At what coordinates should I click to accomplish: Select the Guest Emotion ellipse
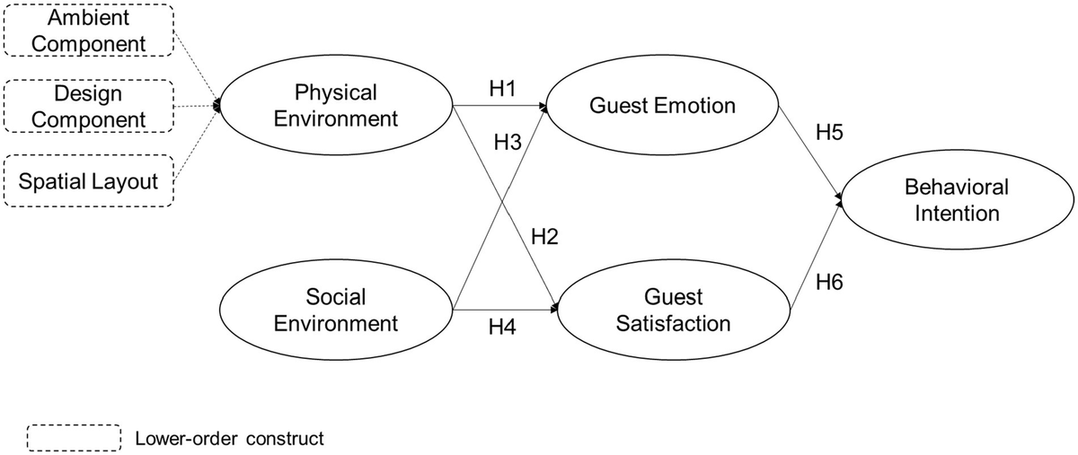[662, 105]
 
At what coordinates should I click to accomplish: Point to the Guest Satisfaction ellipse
[673, 310]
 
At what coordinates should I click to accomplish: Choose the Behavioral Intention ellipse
[957, 200]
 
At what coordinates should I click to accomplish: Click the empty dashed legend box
[75, 438]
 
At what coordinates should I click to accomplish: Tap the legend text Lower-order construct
[228, 439]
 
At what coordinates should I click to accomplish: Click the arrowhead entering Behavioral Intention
[840, 200]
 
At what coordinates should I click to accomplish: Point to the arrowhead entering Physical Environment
[217, 106]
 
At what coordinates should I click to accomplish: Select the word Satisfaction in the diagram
[673, 322]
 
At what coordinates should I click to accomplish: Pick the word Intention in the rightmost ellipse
[957, 214]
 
